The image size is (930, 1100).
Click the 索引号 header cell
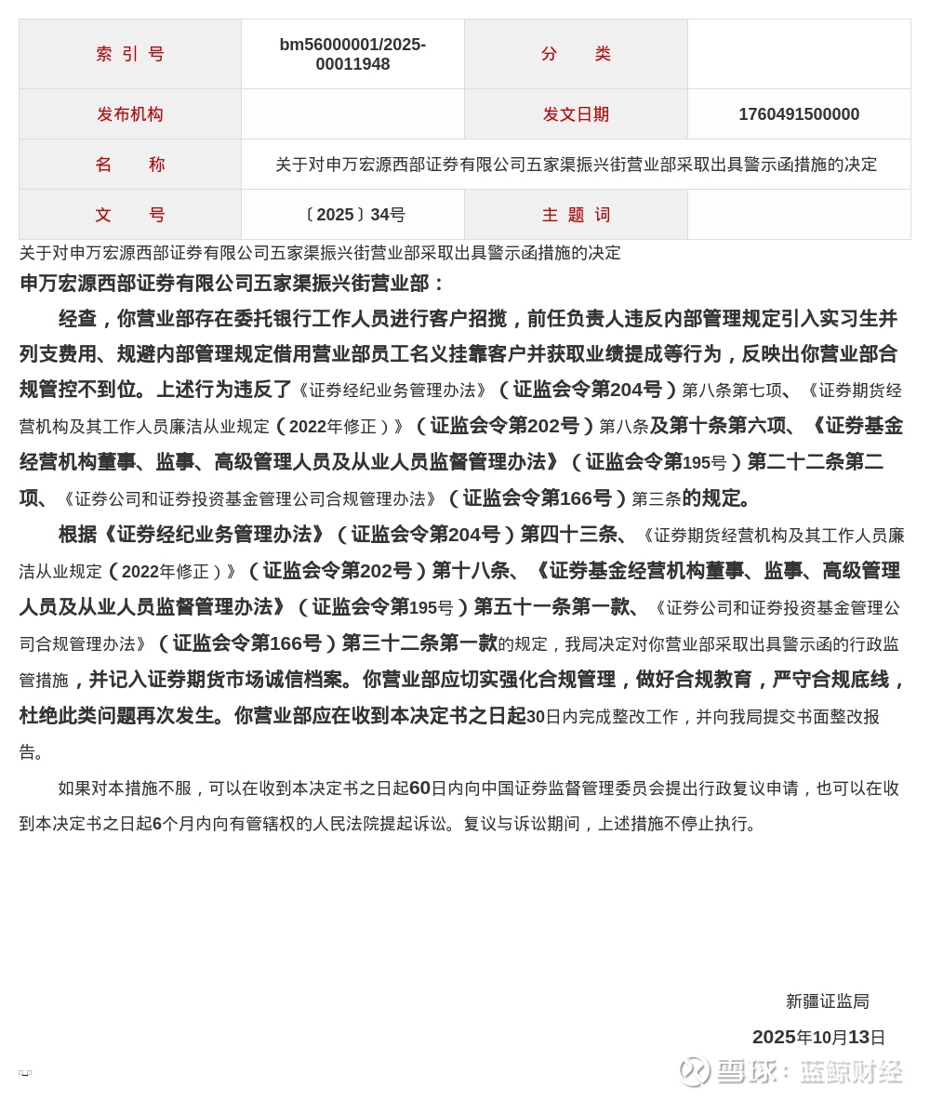coord(130,54)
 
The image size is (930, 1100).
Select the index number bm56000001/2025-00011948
coord(352,54)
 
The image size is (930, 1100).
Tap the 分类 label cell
coord(576,54)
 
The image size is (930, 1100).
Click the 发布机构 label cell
coord(130,114)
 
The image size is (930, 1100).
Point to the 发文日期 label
coord(576,114)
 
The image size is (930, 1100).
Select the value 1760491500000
coord(799,114)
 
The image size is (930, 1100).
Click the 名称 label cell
coord(130,165)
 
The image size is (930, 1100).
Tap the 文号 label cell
coord(130,215)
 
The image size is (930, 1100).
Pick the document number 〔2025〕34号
coord(352,215)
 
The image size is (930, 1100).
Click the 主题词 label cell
coord(576,215)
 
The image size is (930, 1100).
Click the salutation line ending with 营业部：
coord(232,284)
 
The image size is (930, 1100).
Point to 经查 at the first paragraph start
coord(77,319)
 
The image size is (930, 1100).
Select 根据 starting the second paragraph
coord(77,535)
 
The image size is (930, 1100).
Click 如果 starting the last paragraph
coord(74,789)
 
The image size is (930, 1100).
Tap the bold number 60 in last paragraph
coord(420,789)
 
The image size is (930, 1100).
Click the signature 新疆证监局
coord(827,1001)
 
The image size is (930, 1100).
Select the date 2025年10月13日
coord(818,1038)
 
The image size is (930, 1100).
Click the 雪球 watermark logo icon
coord(695,1071)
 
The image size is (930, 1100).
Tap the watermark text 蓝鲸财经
coord(851,1071)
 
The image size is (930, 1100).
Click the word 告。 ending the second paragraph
coord(32,752)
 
